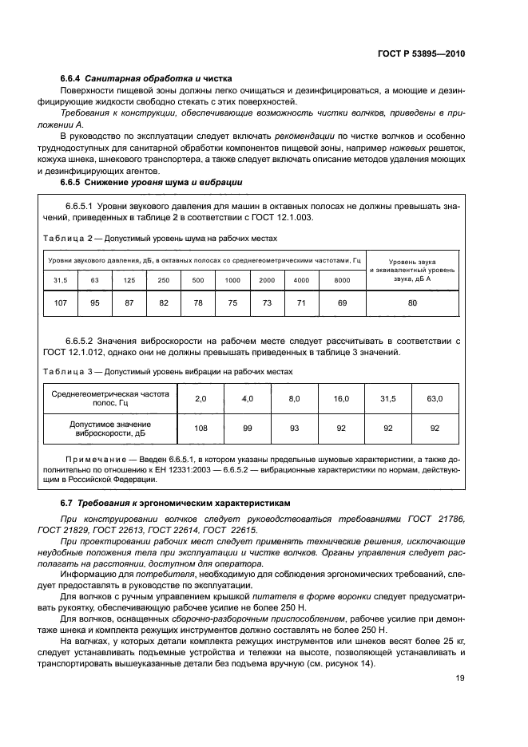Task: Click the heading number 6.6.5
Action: coord(73,183)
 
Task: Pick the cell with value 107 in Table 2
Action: coord(60,302)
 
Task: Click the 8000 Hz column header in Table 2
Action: coord(342,280)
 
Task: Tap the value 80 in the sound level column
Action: coord(412,302)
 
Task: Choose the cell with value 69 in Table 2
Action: coord(342,302)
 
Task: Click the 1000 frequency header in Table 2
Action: coord(232,280)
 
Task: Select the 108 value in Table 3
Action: coord(200,429)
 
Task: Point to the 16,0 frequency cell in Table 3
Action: coord(341,397)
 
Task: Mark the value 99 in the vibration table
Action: coord(248,429)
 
